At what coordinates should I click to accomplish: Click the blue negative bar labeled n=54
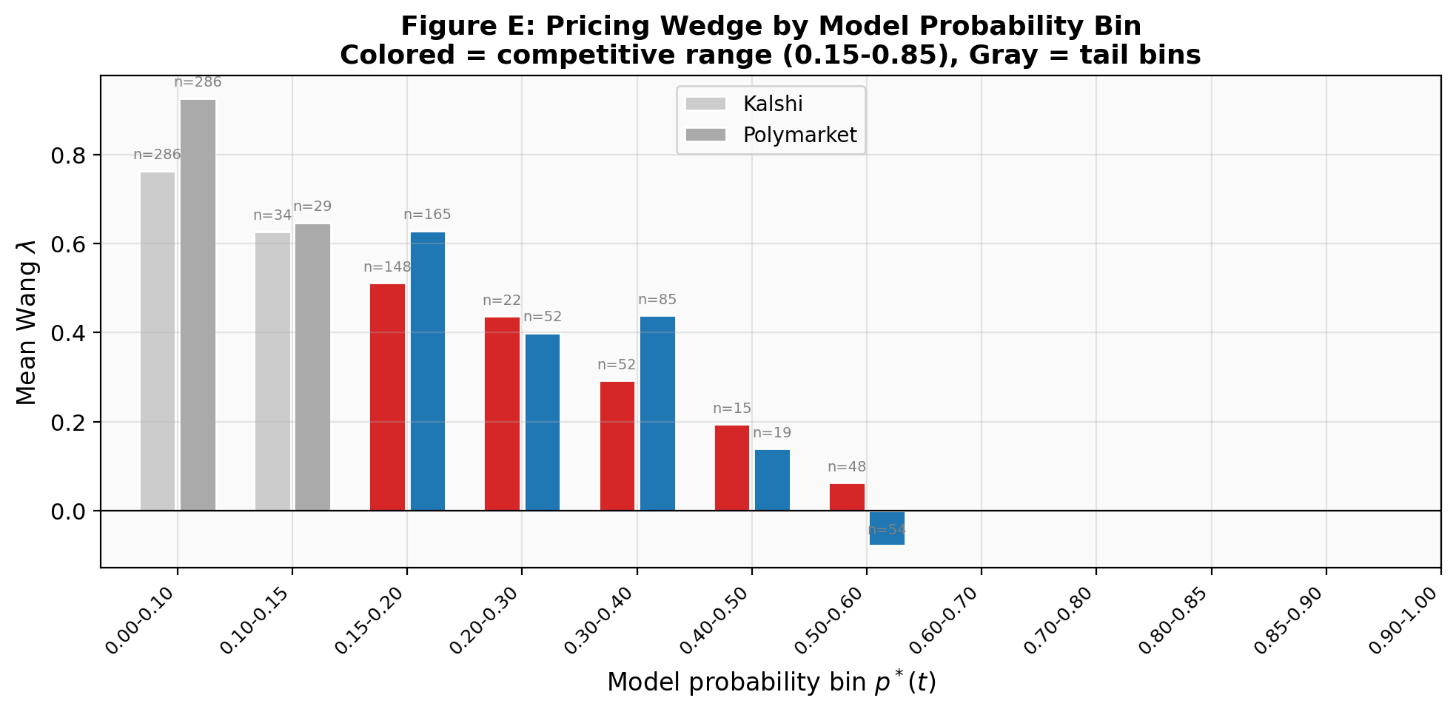(x=887, y=528)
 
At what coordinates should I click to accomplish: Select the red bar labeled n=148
(x=388, y=397)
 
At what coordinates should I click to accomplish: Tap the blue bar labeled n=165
(x=428, y=372)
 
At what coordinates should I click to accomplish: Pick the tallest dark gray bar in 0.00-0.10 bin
(x=198, y=305)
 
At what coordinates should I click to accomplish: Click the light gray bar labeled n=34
(x=273, y=372)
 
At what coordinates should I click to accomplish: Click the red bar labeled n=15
(x=732, y=468)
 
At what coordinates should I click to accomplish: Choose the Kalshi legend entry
(x=772, y=104)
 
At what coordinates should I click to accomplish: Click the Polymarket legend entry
(x=799, y=135)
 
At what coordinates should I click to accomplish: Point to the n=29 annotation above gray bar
(x=312, y=206)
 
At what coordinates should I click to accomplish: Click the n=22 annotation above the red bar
(x=502, y=300)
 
